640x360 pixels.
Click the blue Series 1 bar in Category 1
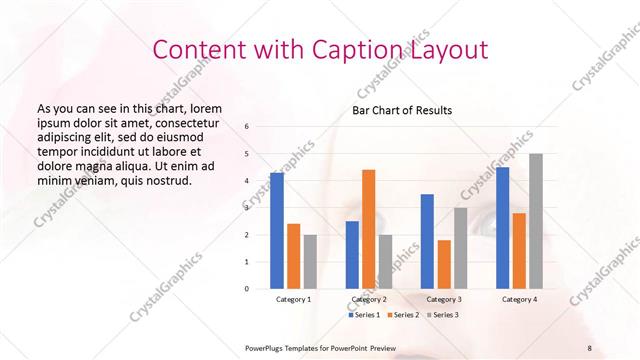click(277, 231)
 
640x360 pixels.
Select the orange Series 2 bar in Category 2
click(369, 229)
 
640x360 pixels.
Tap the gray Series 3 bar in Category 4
click(536, 221)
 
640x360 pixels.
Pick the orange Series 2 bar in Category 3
click(444, 264)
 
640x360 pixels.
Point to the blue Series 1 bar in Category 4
click(502, 228)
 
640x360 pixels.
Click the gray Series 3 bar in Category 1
click(311, 262)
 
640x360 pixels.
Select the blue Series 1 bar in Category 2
click(352, 255)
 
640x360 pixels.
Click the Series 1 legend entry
click(363, 315)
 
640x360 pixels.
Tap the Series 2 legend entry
click(406, 315)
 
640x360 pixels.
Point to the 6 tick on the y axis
click(247, 127)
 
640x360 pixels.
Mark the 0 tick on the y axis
click(247, 289)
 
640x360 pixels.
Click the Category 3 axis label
click(444, 299)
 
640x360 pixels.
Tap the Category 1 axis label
click(294, 299)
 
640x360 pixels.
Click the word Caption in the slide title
click(361, 50)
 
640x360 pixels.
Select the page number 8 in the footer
click(589, 347)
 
